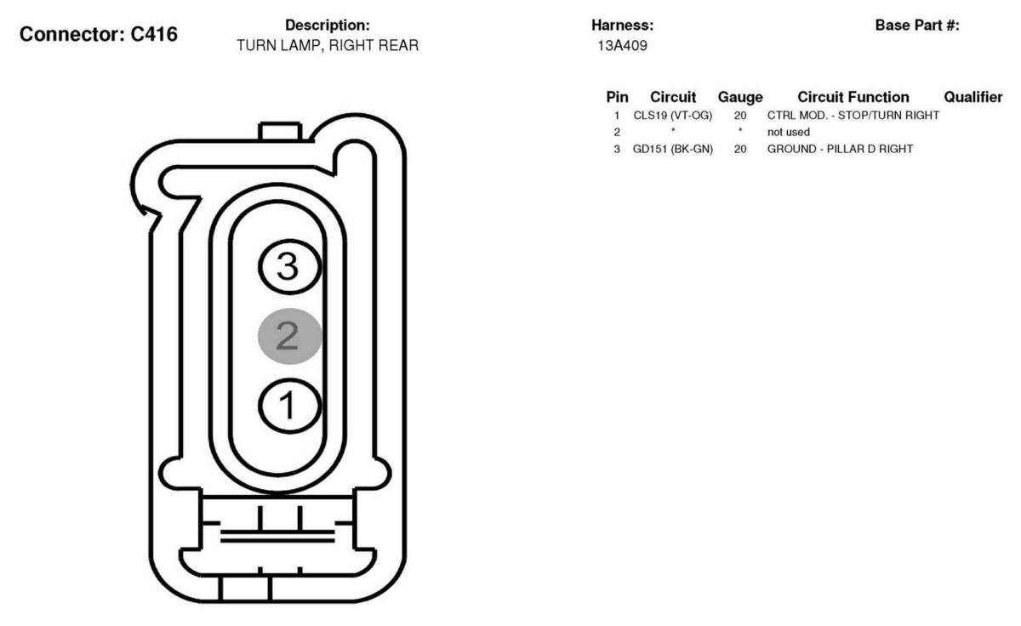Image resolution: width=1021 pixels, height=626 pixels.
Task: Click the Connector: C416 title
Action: (x=99, y=35)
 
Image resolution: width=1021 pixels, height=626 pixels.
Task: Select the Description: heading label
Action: (x=328, y=25)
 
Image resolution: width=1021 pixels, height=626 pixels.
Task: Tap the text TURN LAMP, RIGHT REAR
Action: (x=328, y=46)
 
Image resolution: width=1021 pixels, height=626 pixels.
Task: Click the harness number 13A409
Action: (x=622, y=46)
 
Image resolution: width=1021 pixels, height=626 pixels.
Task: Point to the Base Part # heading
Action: (x=917, y=25)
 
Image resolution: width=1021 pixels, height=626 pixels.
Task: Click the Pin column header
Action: (x=617, y=97)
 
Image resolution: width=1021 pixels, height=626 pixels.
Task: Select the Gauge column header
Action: (x=740, y=97)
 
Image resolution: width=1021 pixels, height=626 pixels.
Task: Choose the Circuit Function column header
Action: (x=853, y=97)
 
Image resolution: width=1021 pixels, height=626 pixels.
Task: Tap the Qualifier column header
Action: (x=973, y=97)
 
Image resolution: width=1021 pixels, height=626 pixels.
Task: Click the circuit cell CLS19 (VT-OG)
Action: (x=673, y=116)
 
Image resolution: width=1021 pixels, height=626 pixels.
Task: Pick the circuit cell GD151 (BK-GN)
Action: (x=673, y=149)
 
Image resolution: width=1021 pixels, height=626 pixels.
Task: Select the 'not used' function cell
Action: (x=789, y=132)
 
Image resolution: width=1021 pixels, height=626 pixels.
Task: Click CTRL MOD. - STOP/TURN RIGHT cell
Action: (x=853, y=116)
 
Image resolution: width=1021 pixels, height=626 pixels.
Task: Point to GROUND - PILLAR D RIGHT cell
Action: (x=840, y=149)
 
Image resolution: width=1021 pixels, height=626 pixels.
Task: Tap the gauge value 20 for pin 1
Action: (x=740, y=116)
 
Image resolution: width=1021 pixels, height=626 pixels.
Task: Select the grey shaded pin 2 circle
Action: (x=290, y=336)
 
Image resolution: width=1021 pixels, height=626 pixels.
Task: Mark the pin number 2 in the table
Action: (x=617, y=132)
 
